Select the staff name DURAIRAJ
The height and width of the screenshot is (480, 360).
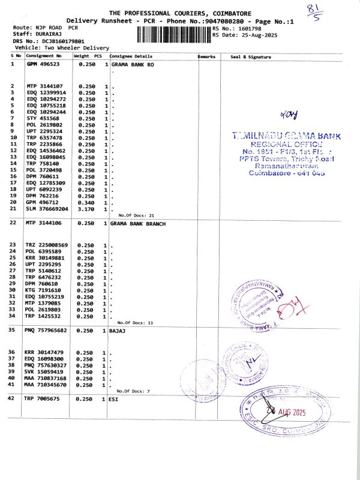[44, 34]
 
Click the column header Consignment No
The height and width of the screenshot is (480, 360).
[43, 56]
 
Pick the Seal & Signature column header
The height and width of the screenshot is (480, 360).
[250, 56]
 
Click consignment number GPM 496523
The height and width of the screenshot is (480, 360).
[43, 63]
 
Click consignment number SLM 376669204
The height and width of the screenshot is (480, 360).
[46, 209]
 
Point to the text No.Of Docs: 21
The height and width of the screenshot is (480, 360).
[137, 215]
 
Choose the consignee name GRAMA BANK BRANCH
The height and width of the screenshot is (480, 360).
[137, 223]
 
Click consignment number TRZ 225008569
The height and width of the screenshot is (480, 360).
[46, 245]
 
